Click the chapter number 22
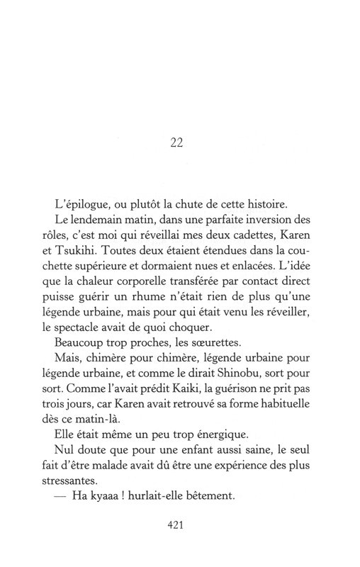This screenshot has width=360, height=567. [177, 142]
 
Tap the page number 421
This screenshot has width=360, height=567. [177, 527]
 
